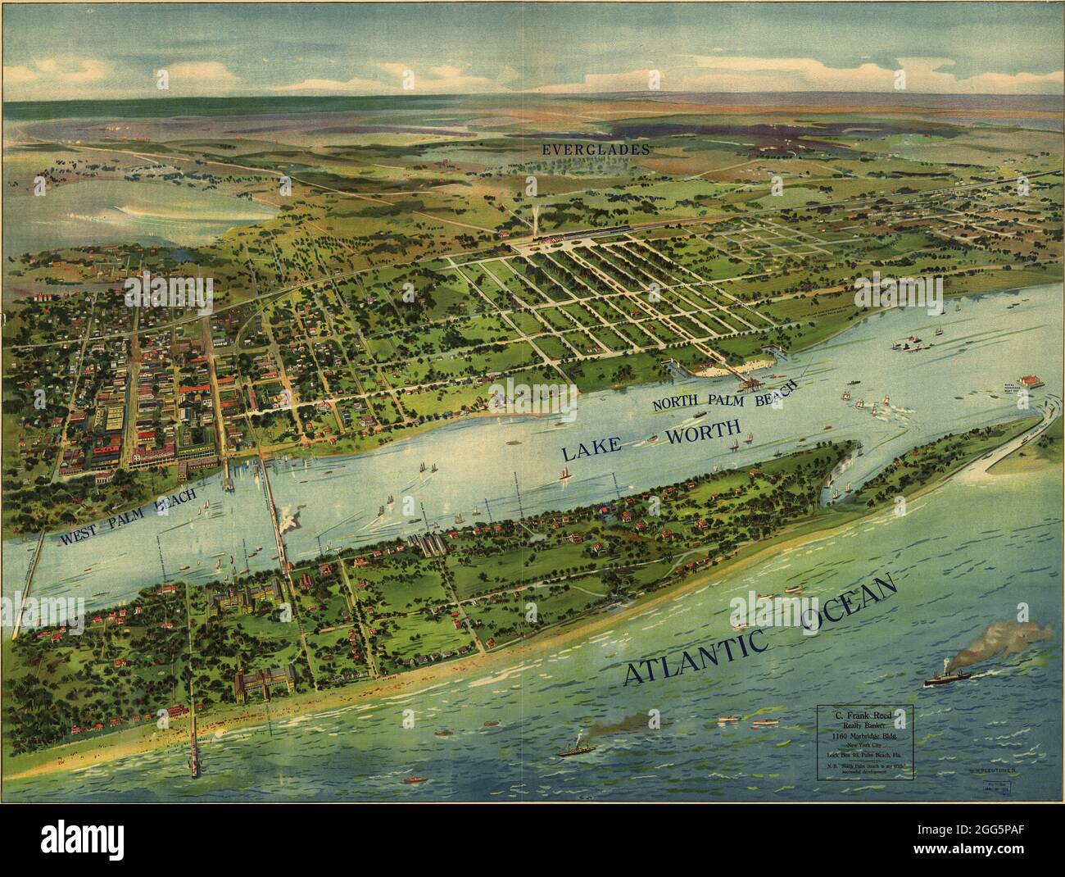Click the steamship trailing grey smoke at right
950,677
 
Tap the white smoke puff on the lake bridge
288,518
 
